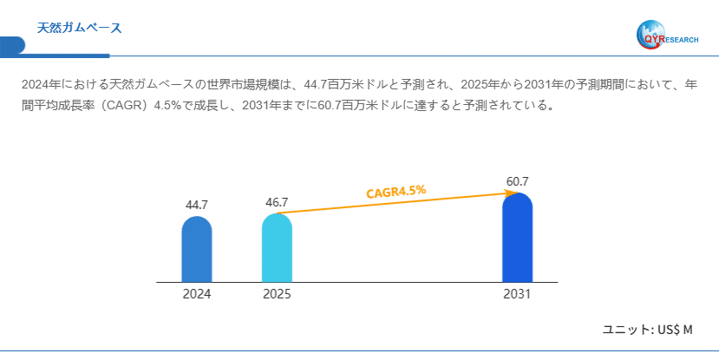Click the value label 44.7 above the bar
click(x=197, y=205)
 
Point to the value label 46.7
click(x=277, y=202)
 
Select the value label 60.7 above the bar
click(x=518, y=181)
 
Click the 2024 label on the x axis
click(x=197, y=294)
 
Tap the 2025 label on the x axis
click(x=277, y=294)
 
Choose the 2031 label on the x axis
click(x=517, y=294)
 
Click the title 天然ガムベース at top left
click(x=79, y=28)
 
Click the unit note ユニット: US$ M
click(x=648, y=330)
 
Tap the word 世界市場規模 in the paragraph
click(x=245, y=86)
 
